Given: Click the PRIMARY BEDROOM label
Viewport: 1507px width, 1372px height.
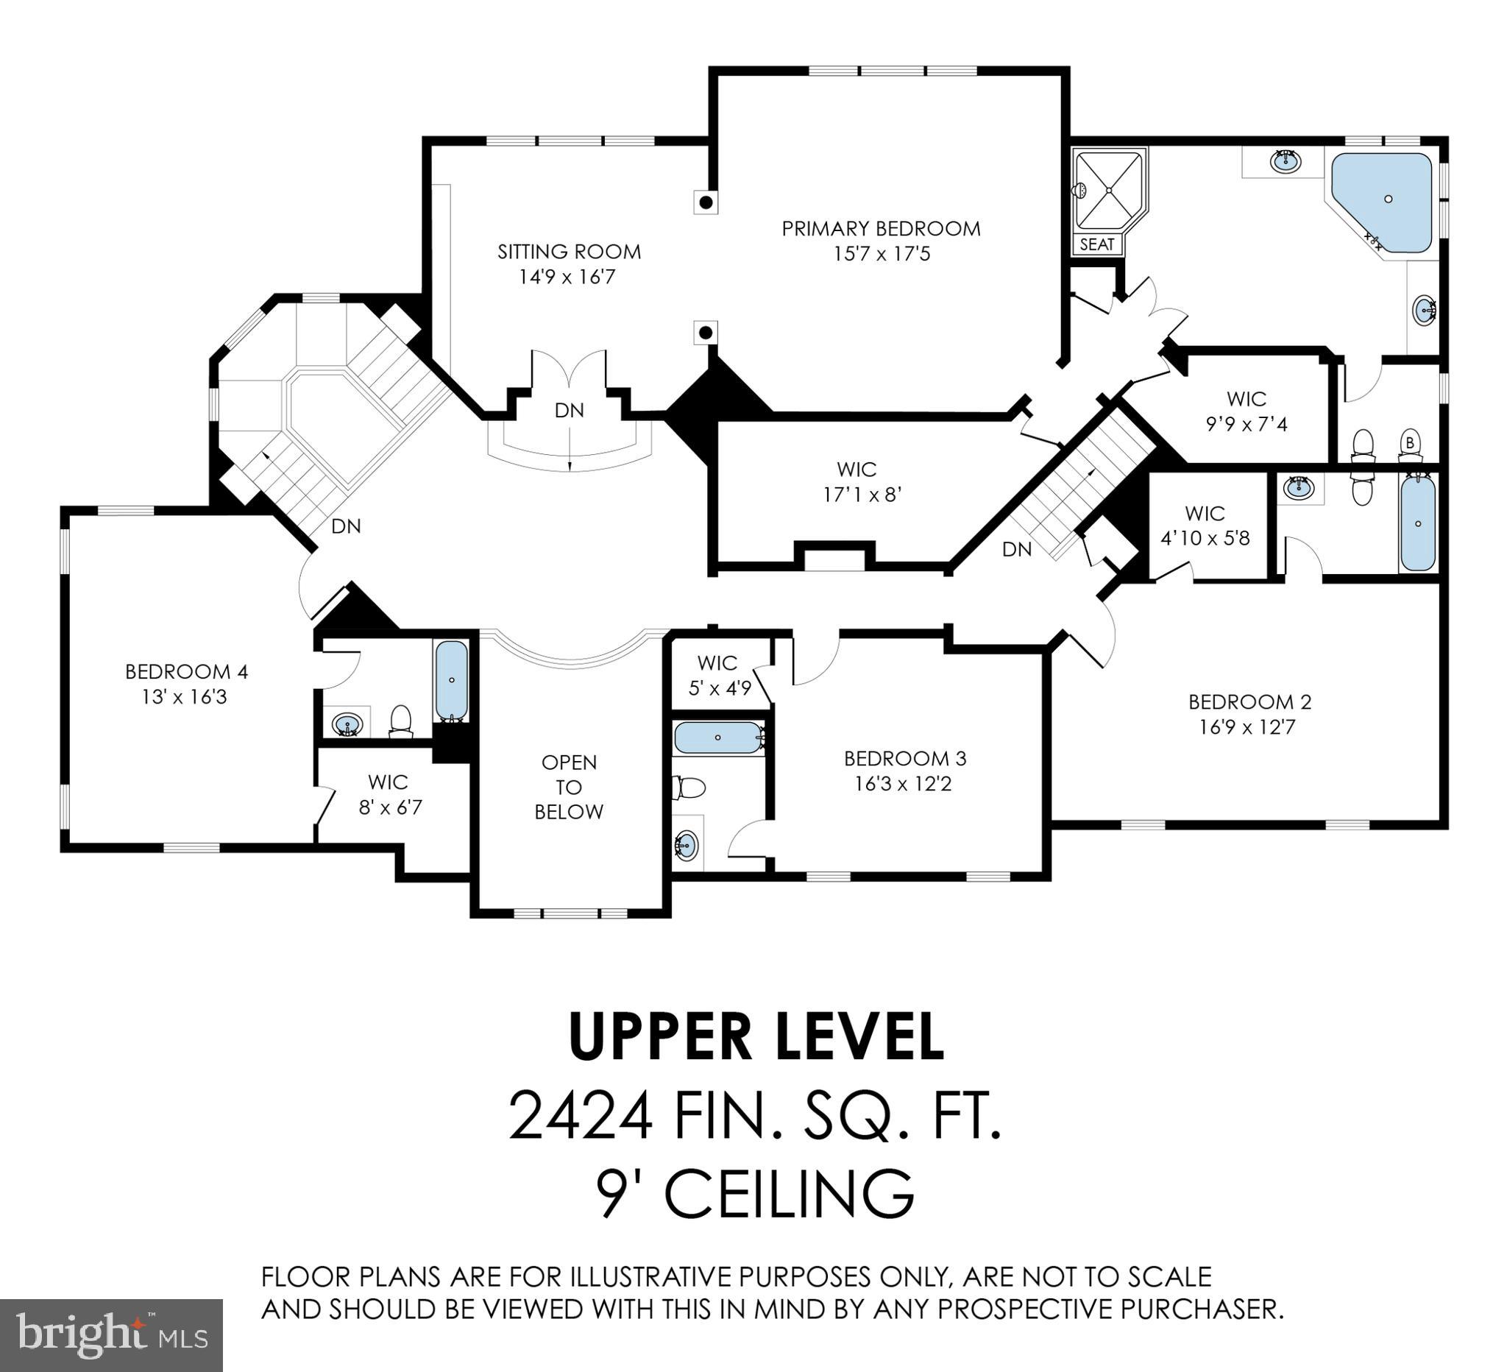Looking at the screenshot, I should point(881,228).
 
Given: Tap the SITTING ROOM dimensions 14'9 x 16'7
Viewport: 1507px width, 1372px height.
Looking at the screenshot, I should point(567,277).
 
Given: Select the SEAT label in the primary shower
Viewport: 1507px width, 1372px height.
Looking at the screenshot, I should point(1096,244).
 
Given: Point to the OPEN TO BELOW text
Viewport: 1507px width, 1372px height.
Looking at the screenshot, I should point(569,787).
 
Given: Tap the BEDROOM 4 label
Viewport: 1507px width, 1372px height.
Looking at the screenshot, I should point(186,671).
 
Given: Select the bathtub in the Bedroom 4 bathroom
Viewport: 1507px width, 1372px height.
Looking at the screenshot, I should point(452,679).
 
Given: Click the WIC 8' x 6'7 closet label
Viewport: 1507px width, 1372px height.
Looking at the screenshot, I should point(389,795).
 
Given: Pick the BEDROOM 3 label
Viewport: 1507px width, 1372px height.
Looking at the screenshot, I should point(904,758).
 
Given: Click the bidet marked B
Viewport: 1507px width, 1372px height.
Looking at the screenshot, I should point(1410,445).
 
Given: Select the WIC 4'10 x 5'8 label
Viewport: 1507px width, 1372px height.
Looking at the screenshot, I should point(1205,526).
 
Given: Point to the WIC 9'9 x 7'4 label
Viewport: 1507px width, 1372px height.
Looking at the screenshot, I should point(1246,411).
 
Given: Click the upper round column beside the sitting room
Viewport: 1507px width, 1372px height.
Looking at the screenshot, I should point(706,202).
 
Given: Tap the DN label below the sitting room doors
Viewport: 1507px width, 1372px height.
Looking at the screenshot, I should point(569,410).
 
